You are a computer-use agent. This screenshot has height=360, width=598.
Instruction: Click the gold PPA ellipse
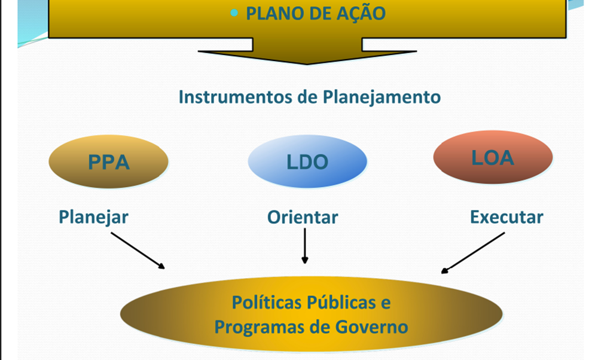pos(108,162)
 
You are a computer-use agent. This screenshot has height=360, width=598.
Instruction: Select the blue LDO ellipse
pos(307,162)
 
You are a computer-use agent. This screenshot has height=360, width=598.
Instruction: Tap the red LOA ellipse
pos(493,157)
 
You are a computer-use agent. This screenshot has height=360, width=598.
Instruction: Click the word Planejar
pos(93,216)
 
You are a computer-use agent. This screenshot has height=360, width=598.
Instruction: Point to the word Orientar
pos(303,216)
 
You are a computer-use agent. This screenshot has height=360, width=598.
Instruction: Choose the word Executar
pos(507,216)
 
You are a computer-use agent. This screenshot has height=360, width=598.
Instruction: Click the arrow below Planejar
pos(138,250)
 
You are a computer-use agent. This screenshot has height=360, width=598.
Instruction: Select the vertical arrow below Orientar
pos(305,246)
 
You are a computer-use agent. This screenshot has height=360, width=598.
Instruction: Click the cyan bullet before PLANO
pos(235,13)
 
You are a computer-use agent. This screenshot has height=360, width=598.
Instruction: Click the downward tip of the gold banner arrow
pos(307,62)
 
